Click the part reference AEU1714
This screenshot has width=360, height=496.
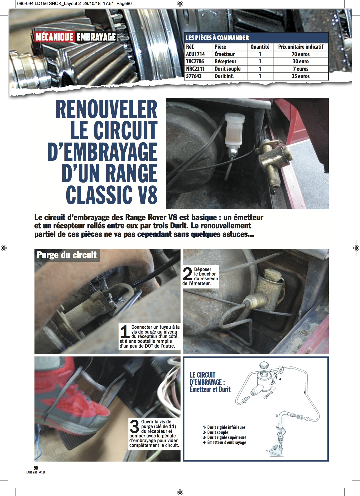click(x=195, y=54)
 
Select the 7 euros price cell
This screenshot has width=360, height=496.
click(x=301, y=69)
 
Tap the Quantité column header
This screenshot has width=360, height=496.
click(x=260, y=47)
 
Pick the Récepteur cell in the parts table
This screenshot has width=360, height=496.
click(x=225, y=61)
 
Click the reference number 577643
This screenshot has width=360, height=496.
click(x=194, y=76)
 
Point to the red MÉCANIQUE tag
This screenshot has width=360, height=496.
click(x=54, y=37)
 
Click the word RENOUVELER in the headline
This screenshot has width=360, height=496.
click(x=106, y=109)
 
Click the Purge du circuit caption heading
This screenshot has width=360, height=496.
click(x=67, y=255)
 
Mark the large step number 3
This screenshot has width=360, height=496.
click(x=134, y=426)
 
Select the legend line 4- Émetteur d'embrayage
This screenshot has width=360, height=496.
click(x=225, y=442)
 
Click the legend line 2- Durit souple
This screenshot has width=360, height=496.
click(x=216, y=432)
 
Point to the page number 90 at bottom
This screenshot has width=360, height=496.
click(x=36, y=468)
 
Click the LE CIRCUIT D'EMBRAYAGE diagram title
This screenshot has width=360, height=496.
click(x=210, y=382)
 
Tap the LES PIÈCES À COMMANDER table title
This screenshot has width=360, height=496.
click(x=217, y=38)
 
